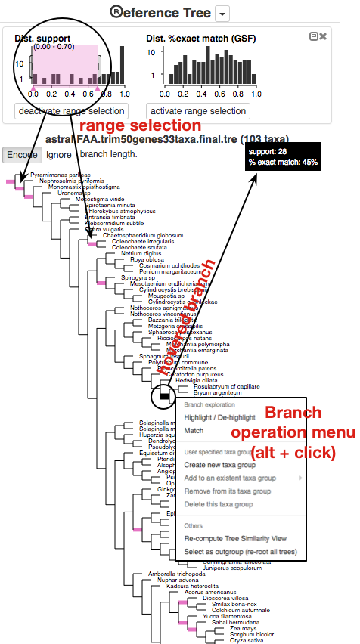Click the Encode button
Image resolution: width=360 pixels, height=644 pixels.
20,154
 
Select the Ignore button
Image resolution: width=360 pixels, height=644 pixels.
57,154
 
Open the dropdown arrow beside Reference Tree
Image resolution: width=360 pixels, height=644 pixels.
222,13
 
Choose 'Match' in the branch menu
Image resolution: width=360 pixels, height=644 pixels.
194,431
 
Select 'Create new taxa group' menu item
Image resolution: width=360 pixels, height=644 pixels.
219,465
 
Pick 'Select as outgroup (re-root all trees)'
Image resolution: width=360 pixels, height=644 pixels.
241,552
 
